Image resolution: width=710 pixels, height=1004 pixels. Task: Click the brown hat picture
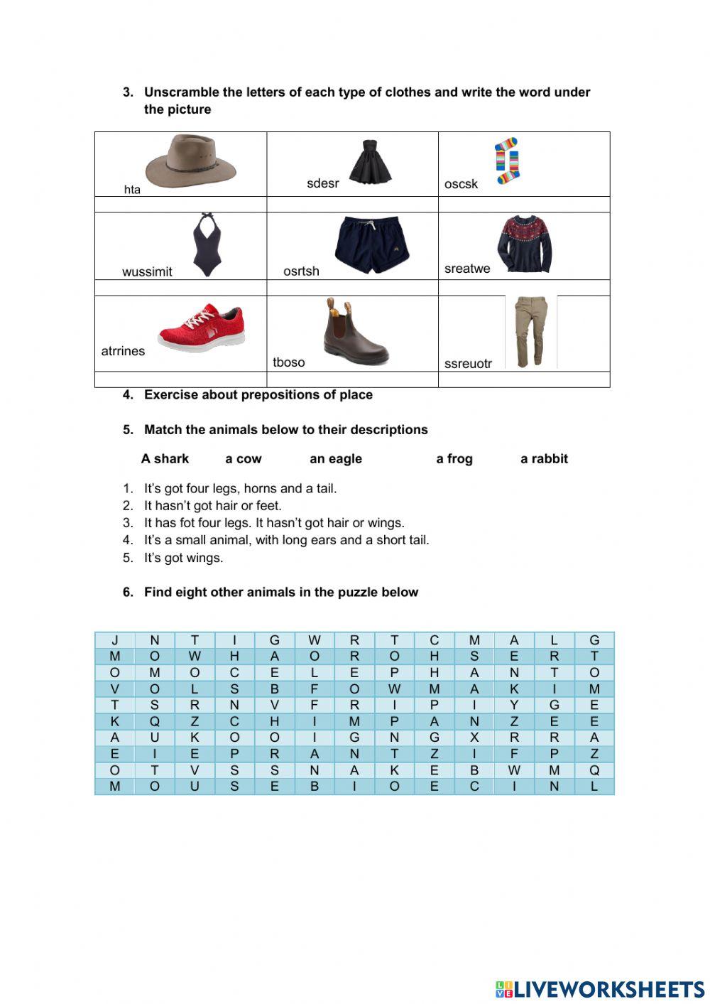190,162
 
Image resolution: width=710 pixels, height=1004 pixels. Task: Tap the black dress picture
368,162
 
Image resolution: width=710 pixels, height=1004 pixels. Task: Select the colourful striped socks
507,161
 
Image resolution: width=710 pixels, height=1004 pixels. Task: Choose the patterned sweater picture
525,244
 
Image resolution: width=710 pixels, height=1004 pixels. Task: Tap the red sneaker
202,328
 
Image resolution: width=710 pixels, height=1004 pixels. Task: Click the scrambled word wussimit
147,271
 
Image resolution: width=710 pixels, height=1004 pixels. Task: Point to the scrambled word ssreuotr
468,364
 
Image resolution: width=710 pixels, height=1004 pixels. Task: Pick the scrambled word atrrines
123,351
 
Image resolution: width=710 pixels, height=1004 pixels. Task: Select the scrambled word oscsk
461,184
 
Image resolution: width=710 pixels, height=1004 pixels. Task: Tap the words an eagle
336,459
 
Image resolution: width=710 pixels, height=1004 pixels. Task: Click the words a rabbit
544,459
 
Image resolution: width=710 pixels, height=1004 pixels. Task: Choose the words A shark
165,459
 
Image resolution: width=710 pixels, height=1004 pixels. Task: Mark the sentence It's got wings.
183,558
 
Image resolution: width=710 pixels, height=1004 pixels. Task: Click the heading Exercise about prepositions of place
258,395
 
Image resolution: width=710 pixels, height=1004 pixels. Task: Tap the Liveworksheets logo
599,988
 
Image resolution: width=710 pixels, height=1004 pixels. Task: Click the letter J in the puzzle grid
115,640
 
